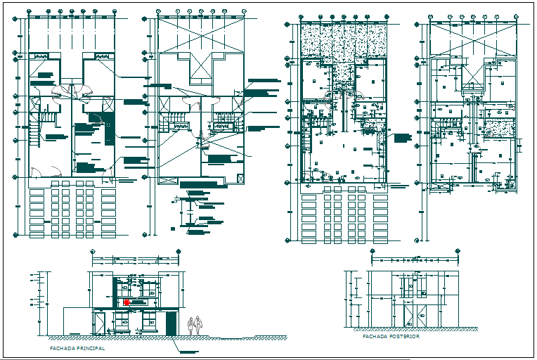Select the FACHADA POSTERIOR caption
[391, 337]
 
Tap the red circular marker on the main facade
[127, 302]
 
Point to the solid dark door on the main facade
[171, 323]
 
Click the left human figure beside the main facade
[190, 325]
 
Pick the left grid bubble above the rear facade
[373, 250]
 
